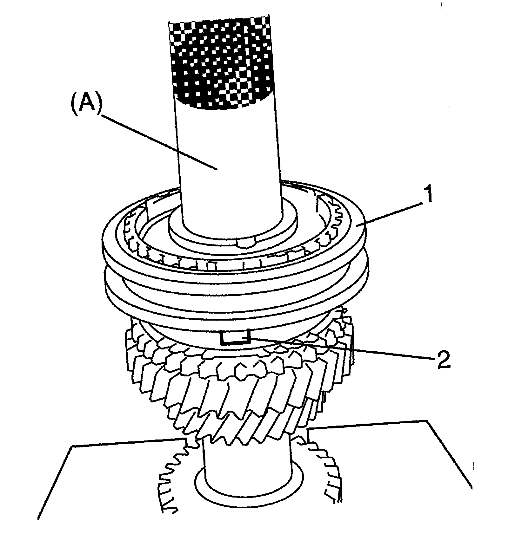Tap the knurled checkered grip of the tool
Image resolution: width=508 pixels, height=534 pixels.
point(222,60)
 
